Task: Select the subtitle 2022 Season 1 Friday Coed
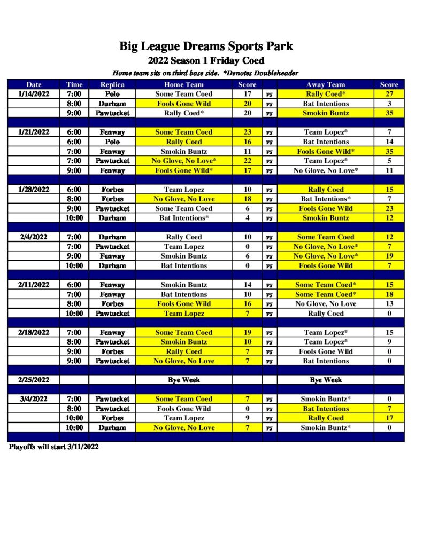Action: pyautogui.click(x=206, y=61)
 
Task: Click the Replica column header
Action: pyautogui.click(x=112, y=84)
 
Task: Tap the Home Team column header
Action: pyautogui.click(x=183, y=84)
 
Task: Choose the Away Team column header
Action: pyautogui.click(x=325, y=84)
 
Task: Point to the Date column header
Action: pyautogui.click(x=34, y=84)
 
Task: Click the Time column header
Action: pyautogui.click(x=74, y=84)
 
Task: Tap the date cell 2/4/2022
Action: pyautogui.click(x=33, y=237)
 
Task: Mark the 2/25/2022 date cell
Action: pyautogui.click(x=33, y=380)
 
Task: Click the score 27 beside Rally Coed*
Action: pyautogui.click(x=389, y=94)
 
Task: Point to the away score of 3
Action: pyautogui.click(x=389, y=104)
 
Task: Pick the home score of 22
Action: pyautogui.click(x=247, y=161)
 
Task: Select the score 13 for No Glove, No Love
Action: pyautogui.click(x=389, y=304)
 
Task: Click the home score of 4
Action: pyautogui.click(x=247, y=218)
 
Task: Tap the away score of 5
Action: pyautogui.click(x=389, y=161)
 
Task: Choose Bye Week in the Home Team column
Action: pyautogui.click(x=183, y=380)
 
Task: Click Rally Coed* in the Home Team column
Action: pyautogui.click(x=183, y=113)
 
